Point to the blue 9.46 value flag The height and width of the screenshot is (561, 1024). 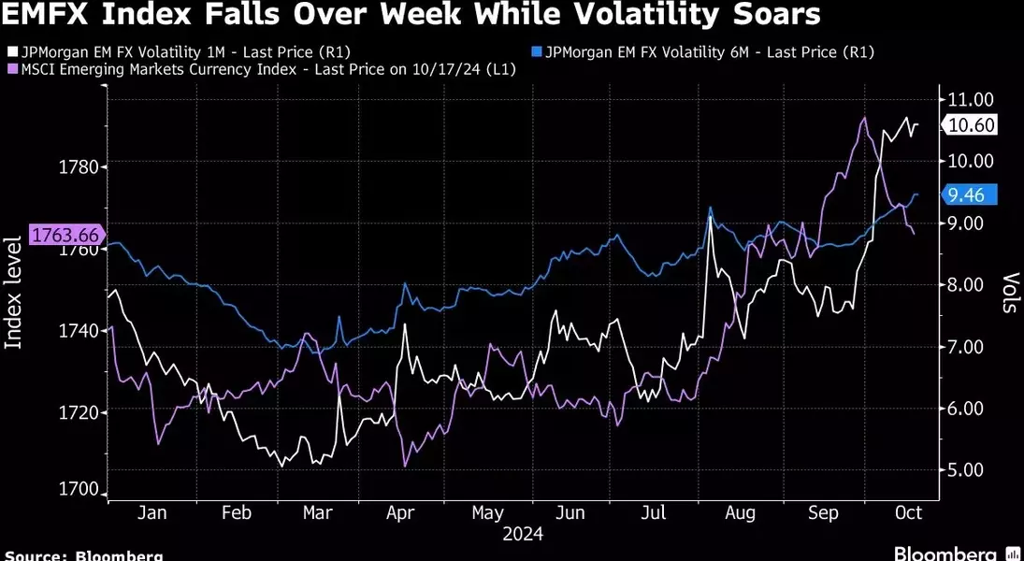970,194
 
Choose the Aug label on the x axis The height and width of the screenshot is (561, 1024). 740,512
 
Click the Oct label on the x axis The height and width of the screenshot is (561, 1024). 908,512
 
